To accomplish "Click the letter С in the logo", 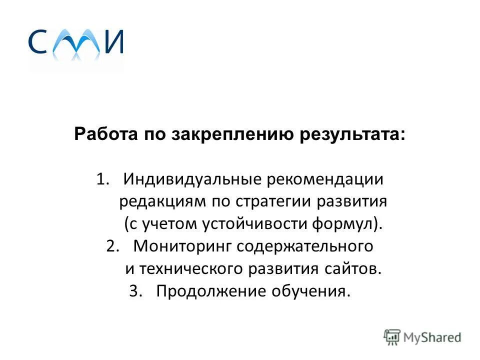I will pos(38,42).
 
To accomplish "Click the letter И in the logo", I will pos(113,42).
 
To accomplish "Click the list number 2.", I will pos(112,246).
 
